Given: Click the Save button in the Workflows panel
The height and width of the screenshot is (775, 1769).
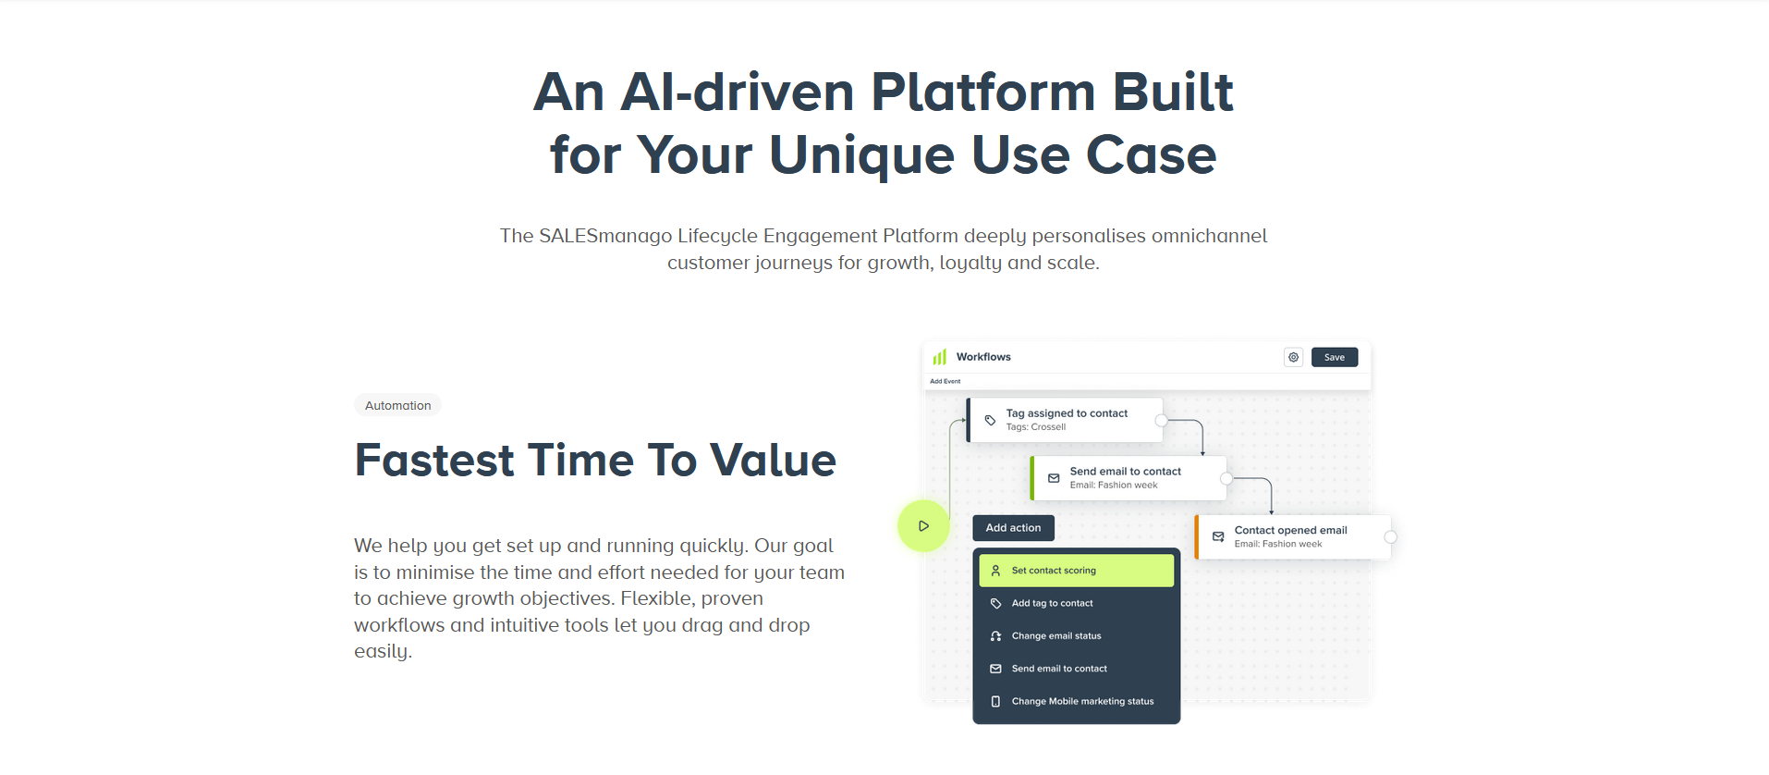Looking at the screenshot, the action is pyautogui.click(x=1334, y=357).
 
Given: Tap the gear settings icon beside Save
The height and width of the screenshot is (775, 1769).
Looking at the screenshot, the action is pyautogui.click(x=1293, y=357).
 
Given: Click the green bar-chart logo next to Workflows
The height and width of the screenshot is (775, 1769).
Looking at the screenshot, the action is pyautogui.click(x=940, y=357).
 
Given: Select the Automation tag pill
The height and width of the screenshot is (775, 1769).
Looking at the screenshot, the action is pyautogui.click(x=397, y=405).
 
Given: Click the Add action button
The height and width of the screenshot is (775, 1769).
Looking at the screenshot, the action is pyautogui.click(x=1013, y=528).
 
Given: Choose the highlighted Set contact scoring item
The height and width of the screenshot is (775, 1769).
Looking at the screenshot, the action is pyautogui.click(x=1076, y=571).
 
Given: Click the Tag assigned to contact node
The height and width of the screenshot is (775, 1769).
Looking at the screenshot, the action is pyautogui.click(x=1065, y=420).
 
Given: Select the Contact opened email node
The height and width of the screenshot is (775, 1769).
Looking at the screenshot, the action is pyautogui.click(x=1292, y=536).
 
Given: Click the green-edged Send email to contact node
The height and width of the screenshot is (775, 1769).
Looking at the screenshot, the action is pyautogui.click(x=1128, y=478).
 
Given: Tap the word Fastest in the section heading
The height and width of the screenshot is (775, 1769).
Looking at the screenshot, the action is pyautogui.click(x=434, y=460).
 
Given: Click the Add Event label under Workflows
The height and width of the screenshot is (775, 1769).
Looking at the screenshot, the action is pyautogui.click(x=945, y=381).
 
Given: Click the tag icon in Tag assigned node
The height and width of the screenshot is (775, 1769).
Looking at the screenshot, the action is pyautogui.click(x=990, y=420).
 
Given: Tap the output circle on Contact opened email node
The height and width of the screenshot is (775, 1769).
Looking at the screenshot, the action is pyautogui.click(x=1390, y=537).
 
